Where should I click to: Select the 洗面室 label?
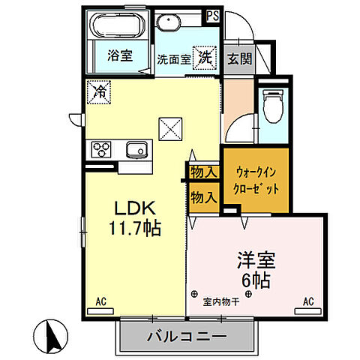click(173, 59)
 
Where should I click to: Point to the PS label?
click(213, 13)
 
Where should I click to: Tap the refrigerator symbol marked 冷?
click(98, 92)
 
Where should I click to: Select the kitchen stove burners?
click(100, 148)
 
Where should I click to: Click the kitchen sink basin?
click(135, 148)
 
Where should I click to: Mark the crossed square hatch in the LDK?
click(169, 128)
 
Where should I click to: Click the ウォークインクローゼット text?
click(255, 179)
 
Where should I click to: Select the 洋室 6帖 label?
click(256, 271)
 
